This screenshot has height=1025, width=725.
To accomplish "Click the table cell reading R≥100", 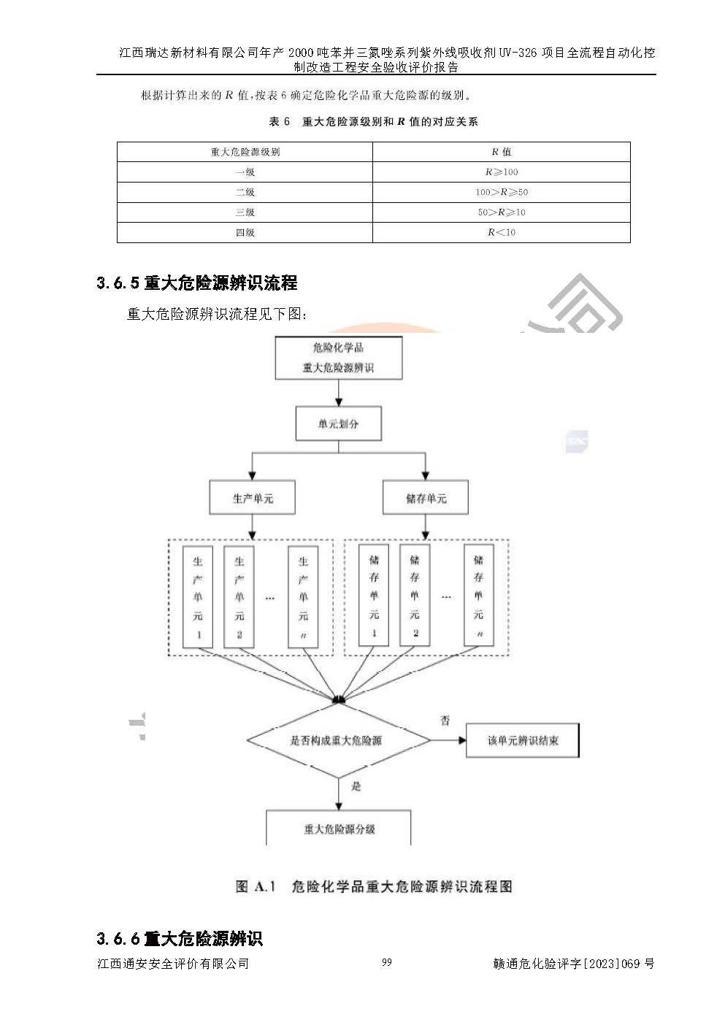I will (x=501, y=172).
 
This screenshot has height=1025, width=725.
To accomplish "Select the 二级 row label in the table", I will (x=245, y=192).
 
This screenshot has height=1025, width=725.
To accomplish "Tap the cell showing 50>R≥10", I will (x=501, y=212).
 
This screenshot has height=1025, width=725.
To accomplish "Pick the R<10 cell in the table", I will (x=501, y=232).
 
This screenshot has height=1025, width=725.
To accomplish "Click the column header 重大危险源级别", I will (x=245, y=152).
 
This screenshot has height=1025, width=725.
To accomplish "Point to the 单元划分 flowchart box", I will (x=338, y=424).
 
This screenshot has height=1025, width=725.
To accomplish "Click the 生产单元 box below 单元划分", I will (x=252, y=499).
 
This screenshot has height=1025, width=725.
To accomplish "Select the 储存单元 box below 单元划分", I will (x=426, y=499).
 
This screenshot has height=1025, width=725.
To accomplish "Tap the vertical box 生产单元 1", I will (x=198, y=596).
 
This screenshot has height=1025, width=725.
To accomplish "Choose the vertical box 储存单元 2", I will (x=415, y=595).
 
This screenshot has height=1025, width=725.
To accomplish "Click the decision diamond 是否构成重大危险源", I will (x=338, y=740).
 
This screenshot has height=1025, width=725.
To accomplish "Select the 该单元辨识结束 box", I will (x=522, y=740).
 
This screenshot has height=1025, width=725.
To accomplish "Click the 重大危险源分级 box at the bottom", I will (x=339, y=829).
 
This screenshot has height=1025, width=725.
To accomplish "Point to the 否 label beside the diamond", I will (x=445, y=721).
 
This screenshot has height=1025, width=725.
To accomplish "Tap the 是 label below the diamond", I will (x=356, y=786).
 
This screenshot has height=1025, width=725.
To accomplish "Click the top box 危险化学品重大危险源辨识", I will (x=338, y=358).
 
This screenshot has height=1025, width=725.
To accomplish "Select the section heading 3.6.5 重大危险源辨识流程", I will (x=197, y=283).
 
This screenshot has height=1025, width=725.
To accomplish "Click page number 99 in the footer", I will (x=386, y=962).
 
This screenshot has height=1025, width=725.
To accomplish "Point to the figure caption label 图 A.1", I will (x=256, y=886).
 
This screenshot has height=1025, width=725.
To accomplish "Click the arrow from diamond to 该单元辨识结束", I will (x=448, y=740).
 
